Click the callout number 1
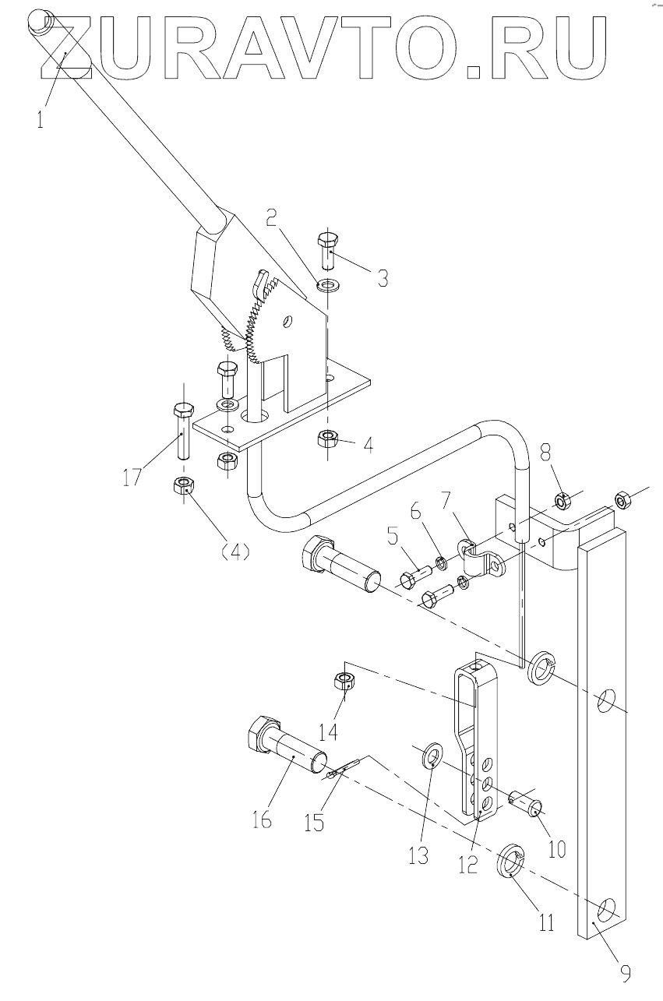41,120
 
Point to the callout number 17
132,477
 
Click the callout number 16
261,819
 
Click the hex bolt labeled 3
330,251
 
